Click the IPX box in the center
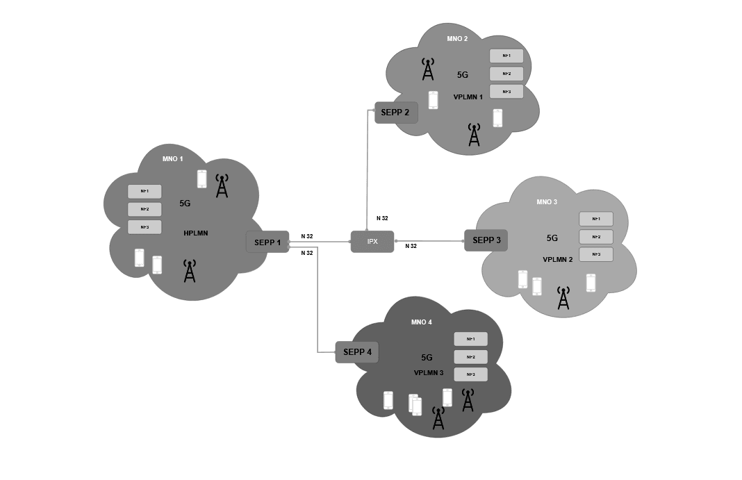372,241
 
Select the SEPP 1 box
267,242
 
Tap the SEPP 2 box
396,113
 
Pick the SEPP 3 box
486,240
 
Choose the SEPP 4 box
357,352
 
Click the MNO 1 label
172,158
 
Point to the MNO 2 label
457,39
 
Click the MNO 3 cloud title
547,202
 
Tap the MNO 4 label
421,322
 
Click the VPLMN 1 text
468,97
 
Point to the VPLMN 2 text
557,259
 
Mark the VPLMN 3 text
429,373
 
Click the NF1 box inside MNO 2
506,56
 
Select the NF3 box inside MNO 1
145,227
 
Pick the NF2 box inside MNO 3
596,237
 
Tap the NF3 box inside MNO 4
470,374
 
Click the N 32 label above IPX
381,218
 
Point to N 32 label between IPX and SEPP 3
411,247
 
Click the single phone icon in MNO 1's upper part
202,179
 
